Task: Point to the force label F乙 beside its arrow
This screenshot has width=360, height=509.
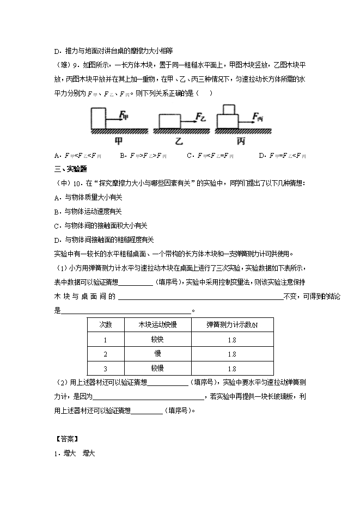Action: click(x=202, y=116)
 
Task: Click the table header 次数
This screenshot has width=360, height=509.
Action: click(x=106, y=324)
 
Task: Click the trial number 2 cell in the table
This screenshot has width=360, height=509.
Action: click(x=106, y=354)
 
